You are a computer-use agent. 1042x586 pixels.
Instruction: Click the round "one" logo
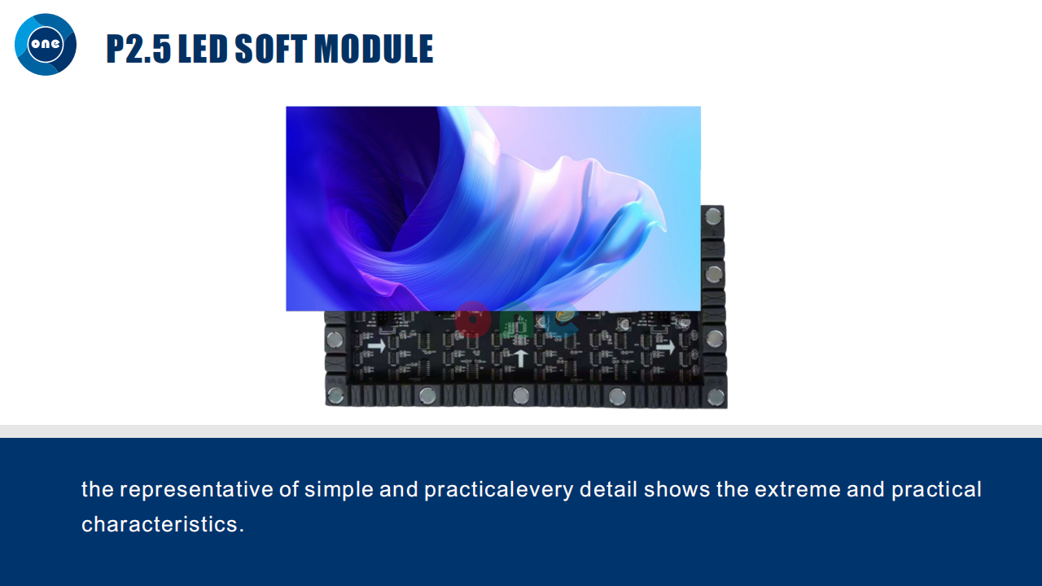(46, 45)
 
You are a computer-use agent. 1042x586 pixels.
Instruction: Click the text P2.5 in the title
(138, 49)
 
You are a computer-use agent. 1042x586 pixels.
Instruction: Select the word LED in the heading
(203, 49)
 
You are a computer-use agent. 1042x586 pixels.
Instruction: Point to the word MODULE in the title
(374, 49)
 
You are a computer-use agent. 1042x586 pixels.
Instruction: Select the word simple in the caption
(339, 490)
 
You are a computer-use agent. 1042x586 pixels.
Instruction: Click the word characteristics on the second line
(160, 524)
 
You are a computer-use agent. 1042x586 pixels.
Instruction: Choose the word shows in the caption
(676, 489)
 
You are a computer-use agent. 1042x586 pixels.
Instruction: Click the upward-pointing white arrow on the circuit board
(520, 358)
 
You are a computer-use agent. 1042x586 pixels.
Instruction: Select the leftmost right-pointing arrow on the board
(377, 346)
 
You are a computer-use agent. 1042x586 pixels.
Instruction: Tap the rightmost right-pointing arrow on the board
(666, 347)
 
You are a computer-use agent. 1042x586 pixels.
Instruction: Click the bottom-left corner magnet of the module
(335, 396)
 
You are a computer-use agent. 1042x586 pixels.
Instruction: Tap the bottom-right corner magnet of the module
(716, 397)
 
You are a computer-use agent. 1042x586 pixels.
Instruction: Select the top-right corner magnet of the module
(713, 216)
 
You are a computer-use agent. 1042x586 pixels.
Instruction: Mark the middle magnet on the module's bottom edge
(520, 396)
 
